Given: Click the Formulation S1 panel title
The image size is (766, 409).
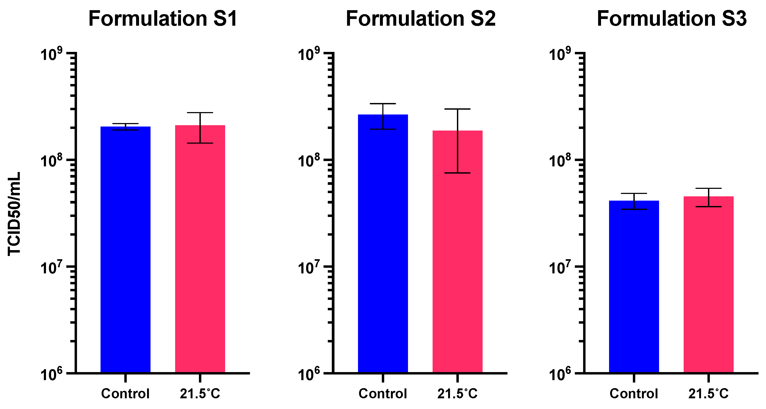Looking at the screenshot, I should pos(163,19).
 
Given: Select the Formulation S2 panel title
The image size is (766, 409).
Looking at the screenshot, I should pos(421,19).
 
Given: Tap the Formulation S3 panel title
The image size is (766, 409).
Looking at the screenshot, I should pos(671,19).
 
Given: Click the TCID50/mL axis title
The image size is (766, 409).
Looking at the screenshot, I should pos(14,213).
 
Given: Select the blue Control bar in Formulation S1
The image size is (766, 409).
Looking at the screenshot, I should pos(125,250).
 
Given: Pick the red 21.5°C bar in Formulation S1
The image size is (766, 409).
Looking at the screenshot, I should pos(200,250).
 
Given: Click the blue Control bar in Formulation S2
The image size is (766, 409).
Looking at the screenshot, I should pos(383,244).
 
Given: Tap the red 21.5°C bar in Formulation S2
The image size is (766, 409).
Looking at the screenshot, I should pos(457,253).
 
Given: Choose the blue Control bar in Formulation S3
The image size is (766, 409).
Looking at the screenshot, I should pos(634,286).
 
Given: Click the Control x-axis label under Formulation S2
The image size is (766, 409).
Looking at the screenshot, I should pos(383,394).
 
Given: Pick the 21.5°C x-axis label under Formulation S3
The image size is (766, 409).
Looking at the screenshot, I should pos(709,394).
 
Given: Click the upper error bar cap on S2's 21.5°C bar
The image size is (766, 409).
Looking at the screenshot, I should pos(457,109).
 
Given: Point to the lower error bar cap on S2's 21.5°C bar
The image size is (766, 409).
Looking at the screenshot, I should pos(457,173).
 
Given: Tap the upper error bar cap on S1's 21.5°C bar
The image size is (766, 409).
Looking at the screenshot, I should pos(200,113).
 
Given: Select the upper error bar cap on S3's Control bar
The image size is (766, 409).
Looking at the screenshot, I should pos(634,194).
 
